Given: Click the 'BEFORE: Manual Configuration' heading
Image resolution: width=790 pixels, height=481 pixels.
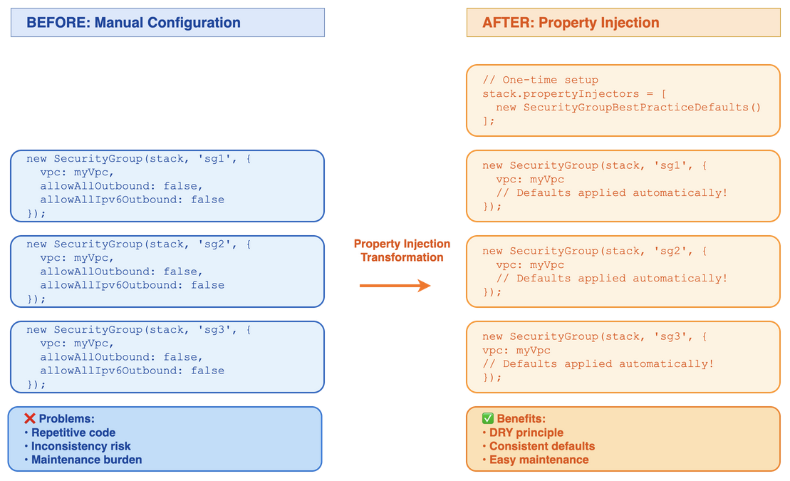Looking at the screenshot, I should pyautogui.click(x=133, y=23).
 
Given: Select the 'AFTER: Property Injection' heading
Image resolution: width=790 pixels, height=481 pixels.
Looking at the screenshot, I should pyautogui.click(x=571, y=23).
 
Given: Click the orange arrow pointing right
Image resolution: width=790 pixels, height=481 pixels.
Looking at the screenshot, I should pyautogui.click(x=395, y=286).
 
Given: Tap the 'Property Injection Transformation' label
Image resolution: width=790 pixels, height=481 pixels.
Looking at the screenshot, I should pyautogui.click(x=402, y=251).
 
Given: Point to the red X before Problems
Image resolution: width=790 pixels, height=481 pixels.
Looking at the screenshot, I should pyautogui.click(x=30, y=419).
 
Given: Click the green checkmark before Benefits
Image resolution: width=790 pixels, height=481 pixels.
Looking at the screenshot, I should pyautogui.click(x=487, y=419).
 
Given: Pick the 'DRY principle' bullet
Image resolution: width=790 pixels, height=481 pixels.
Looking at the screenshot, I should pyautogui.click(x=526, y=433).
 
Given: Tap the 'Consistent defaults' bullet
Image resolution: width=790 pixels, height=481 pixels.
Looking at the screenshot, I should pyautogui.click(x=541, y=446).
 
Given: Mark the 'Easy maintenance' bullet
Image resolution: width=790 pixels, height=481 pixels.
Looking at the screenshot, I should pyautogui.click(x=539, y=460).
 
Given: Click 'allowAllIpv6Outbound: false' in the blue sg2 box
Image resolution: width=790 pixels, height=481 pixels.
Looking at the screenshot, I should pyautogui.click(x=132, y=285).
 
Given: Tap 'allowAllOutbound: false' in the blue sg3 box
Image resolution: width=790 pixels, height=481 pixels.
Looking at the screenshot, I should pyautogui.click(x=121, y=357).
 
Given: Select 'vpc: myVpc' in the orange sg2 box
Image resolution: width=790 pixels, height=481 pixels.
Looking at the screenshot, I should pyautogui.click(x=530, y=264).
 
